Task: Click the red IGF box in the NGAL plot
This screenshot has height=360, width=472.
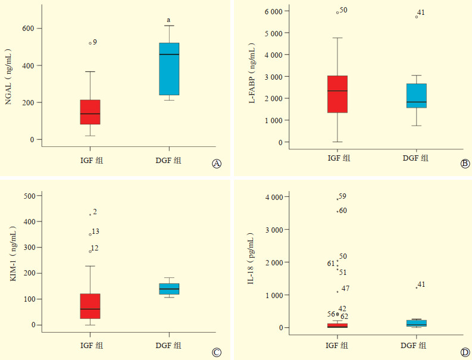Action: pyautogui.click(x=90, y=112)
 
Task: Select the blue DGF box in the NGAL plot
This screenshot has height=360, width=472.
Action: pyautogui.click(x=169, y=69)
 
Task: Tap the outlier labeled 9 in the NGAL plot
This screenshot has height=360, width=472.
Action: pyautogui.click(x=90, y=43)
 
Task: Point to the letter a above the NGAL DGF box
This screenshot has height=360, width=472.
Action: pyautogui.click(x=168, y=20)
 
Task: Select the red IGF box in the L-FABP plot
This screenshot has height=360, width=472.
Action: pyautogui.click(x=337, y=94)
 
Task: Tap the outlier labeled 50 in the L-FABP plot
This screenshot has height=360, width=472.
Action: pyautogui.click(x=337, y=12)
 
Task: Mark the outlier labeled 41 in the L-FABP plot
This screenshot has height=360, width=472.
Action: pyautogui.click(x=416, y=17)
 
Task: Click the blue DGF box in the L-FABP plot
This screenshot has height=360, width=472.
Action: pyautogui.click(x=416, y=95)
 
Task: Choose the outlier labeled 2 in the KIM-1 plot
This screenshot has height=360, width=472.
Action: pyautogui.click(x=90, y=214)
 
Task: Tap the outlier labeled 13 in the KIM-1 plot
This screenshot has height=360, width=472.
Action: pyautogui.click(x=90, y=234)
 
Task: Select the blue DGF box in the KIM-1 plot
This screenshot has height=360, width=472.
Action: pyautogui.click(x=169, y=289)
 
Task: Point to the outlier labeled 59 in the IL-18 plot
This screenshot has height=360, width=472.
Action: pyautogui.click(x=337, y=199)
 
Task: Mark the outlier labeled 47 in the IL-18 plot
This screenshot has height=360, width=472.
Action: pyautogui.click(x=337, y=291)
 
